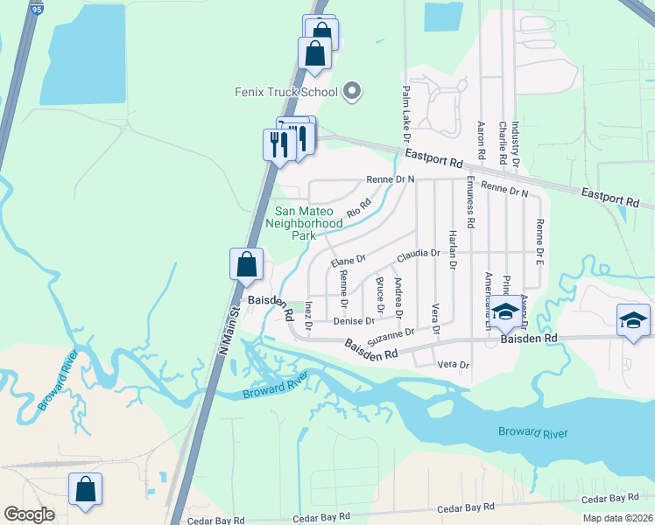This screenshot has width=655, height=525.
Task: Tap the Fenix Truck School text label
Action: click(285, 92)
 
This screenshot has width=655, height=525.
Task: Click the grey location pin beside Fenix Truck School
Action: click(352, 90)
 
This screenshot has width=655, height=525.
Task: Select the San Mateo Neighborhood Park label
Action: click(308, 223)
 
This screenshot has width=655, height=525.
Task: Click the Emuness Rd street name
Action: click(470, 201)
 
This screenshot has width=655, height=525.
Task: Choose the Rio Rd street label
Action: click(359, 208)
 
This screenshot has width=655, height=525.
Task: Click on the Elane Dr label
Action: click(347, 261)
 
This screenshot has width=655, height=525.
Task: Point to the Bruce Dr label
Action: click(380, 295)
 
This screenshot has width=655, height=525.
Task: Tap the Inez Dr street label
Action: click(308, 316)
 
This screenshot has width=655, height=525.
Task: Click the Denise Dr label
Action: click(354, 321)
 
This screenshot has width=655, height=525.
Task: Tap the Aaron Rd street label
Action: click(481, 139)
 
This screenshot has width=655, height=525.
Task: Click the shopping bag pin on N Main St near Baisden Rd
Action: click(247, 263)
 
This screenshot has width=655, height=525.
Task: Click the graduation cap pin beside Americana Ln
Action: click(505, 311)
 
